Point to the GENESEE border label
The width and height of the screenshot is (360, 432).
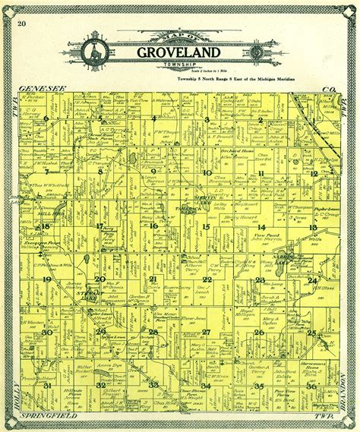(36, 89)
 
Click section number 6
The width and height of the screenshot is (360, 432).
(46, 119)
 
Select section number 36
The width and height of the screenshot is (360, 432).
(311, 386)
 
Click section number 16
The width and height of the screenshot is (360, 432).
(153, 225)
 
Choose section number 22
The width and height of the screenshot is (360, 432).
(207, 279)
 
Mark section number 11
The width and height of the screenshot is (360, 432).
(260, 173)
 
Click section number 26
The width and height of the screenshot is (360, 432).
(260, 333)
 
